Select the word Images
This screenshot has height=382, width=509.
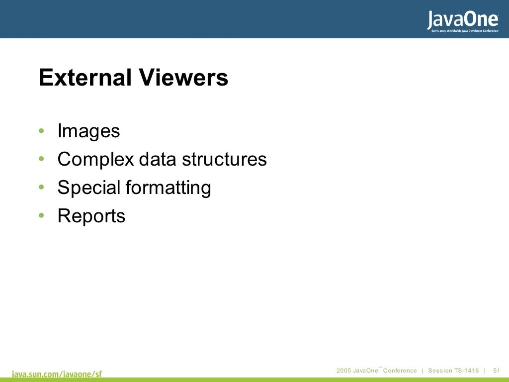[88, 131]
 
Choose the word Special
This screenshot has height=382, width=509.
[89, 188]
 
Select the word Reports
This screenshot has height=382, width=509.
[91, 216]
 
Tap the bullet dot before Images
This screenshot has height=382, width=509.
[42, 131]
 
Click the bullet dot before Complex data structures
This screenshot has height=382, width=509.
[42, 160]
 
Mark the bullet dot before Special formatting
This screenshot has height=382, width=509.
[42, 188]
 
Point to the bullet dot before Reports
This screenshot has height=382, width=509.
[42, 216]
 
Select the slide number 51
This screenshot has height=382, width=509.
[496, 371]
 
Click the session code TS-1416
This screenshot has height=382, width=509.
[466, 371]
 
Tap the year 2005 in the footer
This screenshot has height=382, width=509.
[343, 371]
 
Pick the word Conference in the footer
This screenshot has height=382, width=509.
[400, 371]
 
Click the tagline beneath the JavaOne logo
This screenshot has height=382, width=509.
[462, 30]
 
